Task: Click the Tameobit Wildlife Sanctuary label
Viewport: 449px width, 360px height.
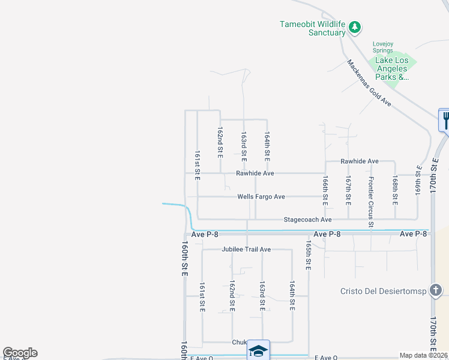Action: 312,28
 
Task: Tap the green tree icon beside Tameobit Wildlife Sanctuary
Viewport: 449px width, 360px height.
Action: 355,26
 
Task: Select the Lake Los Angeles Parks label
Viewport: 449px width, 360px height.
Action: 392,69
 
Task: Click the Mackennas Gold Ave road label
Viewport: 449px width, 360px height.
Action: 369,83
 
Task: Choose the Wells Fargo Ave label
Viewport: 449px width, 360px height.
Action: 261,197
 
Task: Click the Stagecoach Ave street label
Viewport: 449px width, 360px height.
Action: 307,220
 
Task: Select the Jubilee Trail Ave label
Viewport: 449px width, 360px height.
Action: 246,249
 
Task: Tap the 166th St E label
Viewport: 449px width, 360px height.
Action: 325,188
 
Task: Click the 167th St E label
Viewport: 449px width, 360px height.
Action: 348,188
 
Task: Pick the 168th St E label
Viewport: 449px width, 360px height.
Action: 395,188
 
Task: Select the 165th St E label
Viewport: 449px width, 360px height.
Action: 308,256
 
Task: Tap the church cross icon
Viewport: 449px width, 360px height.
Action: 435,291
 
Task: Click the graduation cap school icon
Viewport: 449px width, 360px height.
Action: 258,350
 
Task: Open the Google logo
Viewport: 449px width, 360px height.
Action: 20,353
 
